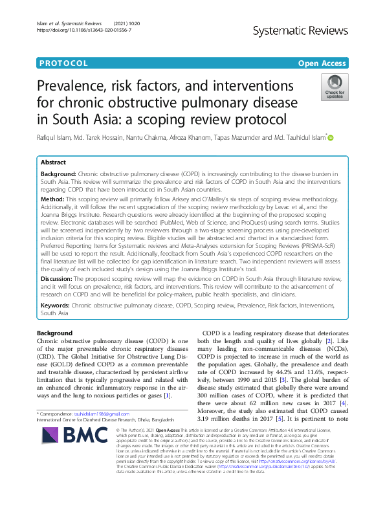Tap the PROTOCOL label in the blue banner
[63, 63]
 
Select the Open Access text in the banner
[322, 63]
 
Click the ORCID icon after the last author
[331, 137]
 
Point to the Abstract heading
[53, 162]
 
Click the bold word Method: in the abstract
[53, 201]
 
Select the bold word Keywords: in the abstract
[56, 304]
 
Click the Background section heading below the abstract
[55, 333]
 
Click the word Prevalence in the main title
[84, 85]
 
